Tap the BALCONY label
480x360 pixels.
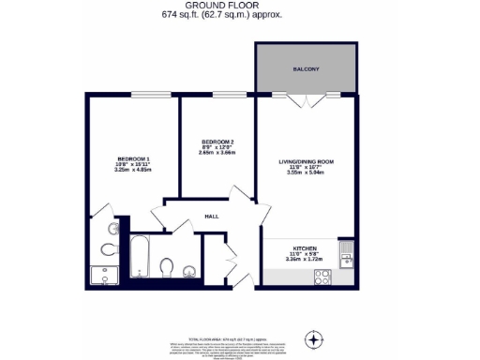(x=306, y=68)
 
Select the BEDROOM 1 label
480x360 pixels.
(x=133, y=157)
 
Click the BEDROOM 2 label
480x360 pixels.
(x=217, y=142)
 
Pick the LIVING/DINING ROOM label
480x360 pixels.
(x=306, y=161)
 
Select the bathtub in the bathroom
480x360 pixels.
(x=140, y=257)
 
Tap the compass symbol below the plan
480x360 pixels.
(x=315, y=337)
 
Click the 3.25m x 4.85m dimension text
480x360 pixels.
(x=133, y=170)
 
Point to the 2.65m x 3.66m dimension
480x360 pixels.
(x=217, y=154)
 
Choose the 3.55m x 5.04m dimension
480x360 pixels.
(x=306, y=173)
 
